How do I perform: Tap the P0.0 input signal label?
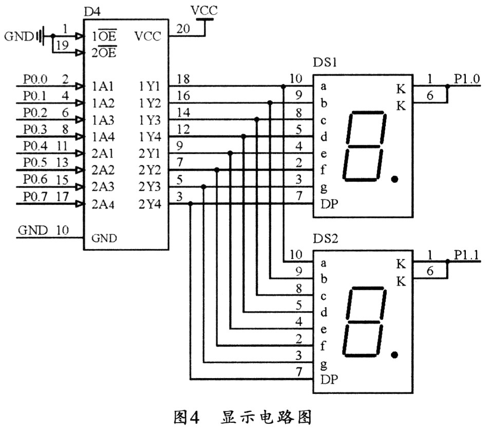pyautogui.click(x=34, y=80)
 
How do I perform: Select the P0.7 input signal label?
pyautogui.click(x=34, y=197)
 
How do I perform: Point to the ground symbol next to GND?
pyautogui.click(x=41, y=36)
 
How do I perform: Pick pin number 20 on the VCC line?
pyautogui.click(x=182, y=30)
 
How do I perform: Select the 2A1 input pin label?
pyautogui.click(x=103, y=154)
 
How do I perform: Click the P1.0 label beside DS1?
pyautogui.click(x=466, y=79)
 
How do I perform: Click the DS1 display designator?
pyautogui.click(x=325, y=63)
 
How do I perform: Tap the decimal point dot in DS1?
pyautogui.click(x=394, y=179)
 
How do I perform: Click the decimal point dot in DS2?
pyautogui.click(x=394, y=355)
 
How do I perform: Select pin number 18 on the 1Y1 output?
pyautogui.click(x=182, y=80)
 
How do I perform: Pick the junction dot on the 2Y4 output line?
pyautogui.click(x=191, y=204)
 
